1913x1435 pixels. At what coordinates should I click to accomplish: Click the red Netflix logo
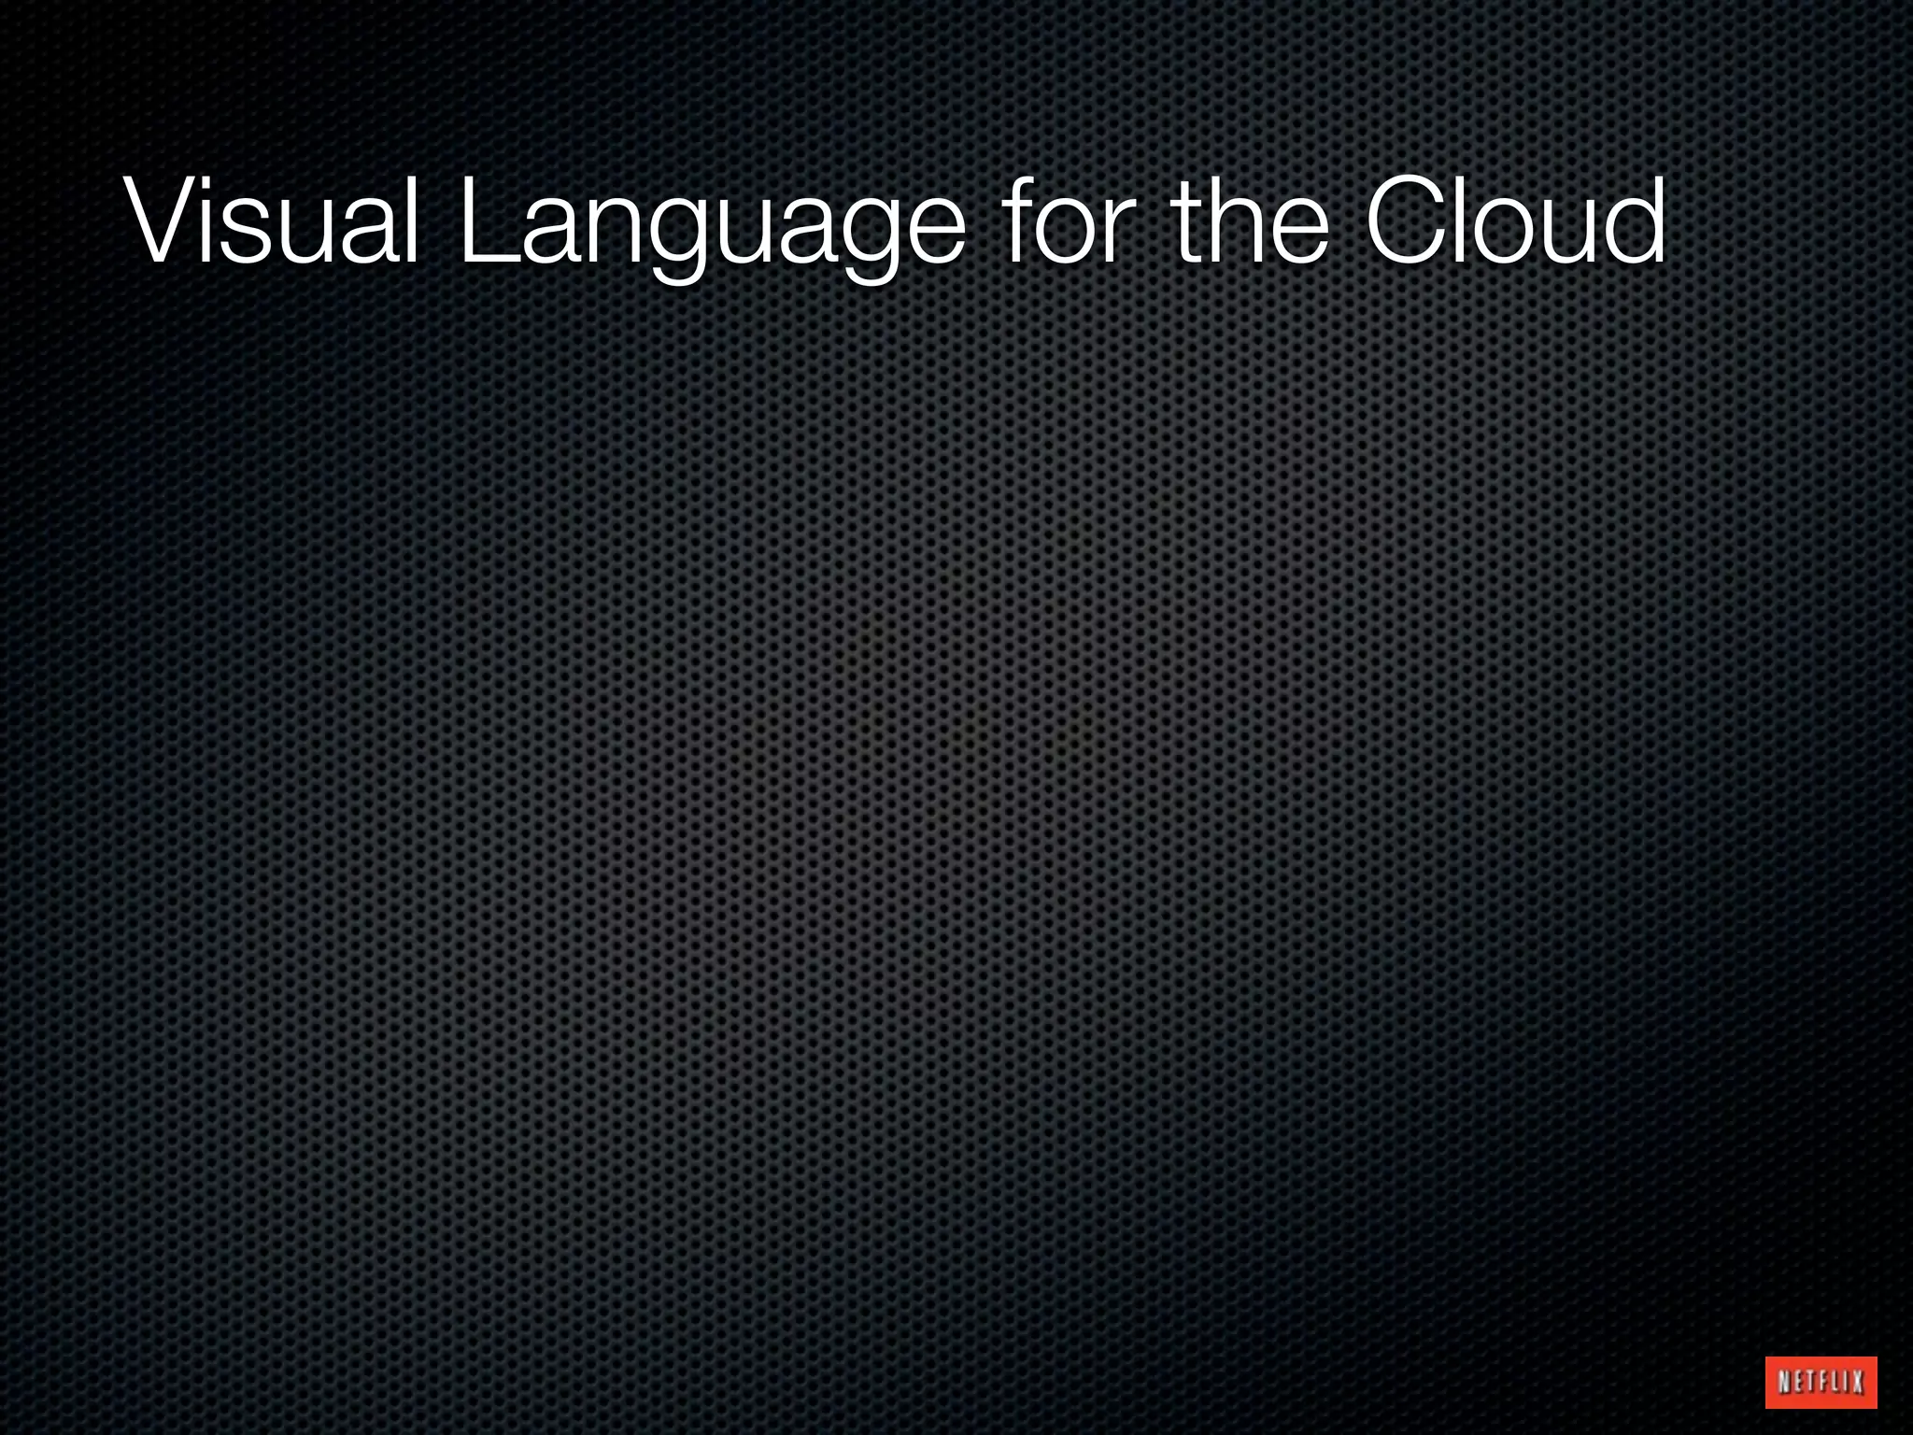pyautogui.click(x=1821, y=1382)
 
